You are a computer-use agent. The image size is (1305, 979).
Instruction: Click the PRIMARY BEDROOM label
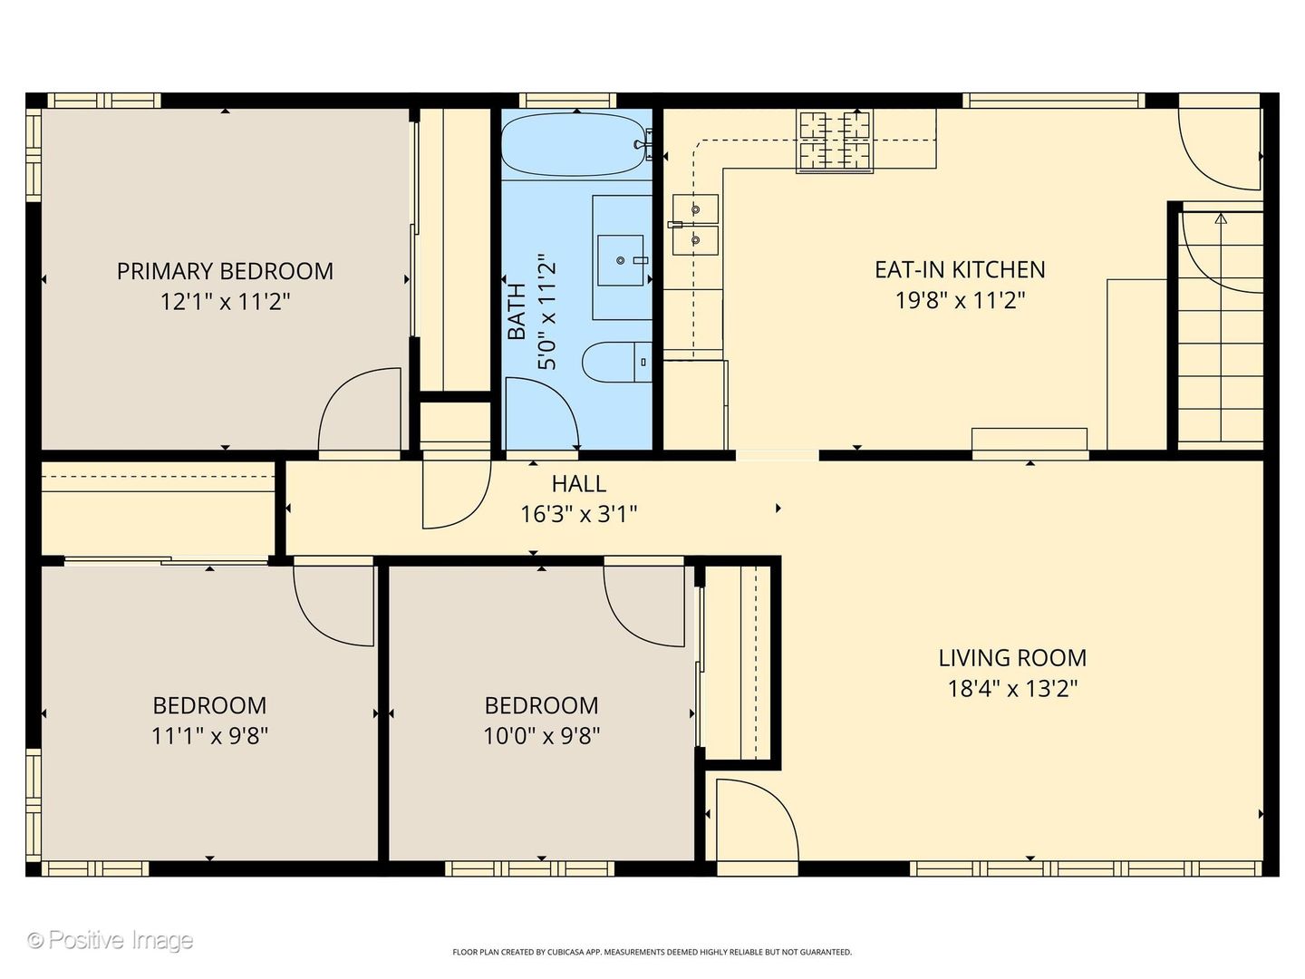(225, 271)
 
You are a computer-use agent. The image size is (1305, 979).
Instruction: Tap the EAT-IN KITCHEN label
(960, 270)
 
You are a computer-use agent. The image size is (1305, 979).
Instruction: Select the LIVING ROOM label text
(1012, 658)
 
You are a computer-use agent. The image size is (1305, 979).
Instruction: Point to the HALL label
(579, 484)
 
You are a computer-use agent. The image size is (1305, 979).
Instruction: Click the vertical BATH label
(517, 312)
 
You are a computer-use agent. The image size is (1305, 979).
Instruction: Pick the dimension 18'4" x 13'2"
(1012, 689)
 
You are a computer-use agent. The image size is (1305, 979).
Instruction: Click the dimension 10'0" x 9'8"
(542, 736)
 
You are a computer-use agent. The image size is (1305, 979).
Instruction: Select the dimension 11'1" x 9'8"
(210, 736)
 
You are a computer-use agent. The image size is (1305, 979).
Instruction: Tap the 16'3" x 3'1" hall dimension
(579, 514)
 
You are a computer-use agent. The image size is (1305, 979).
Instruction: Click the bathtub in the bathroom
(573, 144)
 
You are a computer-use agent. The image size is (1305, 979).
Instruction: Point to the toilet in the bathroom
(616, 362)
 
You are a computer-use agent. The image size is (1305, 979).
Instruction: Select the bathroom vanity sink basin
(620, 260)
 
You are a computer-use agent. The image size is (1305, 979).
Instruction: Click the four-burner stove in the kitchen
(835, 141)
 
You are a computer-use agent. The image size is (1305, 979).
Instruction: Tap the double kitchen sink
(695, 225)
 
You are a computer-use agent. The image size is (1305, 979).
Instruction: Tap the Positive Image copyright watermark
(111, 940)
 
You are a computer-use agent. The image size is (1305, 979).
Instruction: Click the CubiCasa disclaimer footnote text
(652, 952)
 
